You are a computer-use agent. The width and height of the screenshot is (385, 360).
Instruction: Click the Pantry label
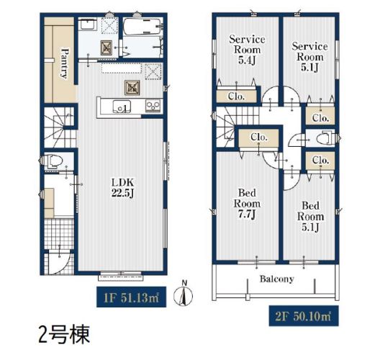[64, 63]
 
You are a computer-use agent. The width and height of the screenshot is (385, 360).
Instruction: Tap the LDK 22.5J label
[123, 188]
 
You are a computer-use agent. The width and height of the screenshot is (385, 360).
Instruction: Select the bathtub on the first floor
[141, 27]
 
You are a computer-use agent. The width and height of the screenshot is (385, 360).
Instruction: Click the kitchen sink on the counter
[122, 107]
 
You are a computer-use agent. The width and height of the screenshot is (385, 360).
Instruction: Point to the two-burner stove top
[153, 106]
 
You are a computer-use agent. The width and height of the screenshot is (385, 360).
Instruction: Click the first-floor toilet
[55, 161]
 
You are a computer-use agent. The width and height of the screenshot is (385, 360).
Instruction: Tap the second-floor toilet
[324, 138]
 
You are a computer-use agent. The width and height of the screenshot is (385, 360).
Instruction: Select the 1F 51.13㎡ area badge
[132, 297]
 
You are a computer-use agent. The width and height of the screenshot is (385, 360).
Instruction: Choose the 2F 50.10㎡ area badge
[304, 316]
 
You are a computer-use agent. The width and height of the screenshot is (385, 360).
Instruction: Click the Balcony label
[277, 279]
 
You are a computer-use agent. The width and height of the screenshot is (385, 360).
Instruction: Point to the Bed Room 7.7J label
[247, 204]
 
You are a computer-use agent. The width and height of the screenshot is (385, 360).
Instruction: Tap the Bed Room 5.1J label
[310, 217]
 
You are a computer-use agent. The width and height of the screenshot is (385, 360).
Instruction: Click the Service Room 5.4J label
[247, 50]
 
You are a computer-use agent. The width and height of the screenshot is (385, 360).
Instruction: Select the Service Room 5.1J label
[309, 57]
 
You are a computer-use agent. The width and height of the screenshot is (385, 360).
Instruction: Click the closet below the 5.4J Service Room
[237, 96]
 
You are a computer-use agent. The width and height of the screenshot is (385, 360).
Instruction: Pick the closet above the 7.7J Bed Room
[259, 138]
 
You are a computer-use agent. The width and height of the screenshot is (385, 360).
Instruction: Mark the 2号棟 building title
[64, 335]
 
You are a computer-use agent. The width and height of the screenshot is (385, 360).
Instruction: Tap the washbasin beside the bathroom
[89, 24]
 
